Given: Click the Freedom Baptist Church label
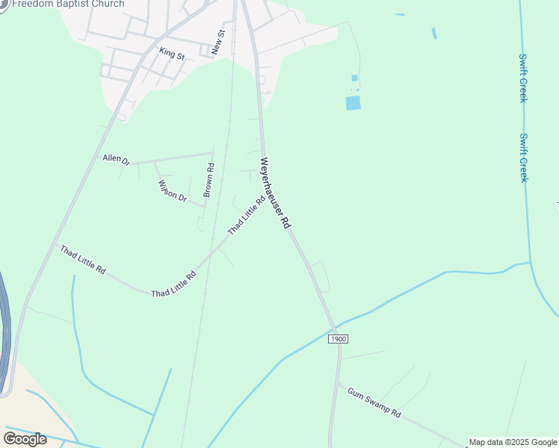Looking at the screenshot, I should pos(68,4).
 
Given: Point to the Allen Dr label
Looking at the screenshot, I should pos(117,159).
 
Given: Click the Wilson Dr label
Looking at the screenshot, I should pos(171,190).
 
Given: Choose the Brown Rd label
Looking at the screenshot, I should pos(209,180).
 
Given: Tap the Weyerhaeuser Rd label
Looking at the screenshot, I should pos(276,193).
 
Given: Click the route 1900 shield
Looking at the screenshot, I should pos(338,339).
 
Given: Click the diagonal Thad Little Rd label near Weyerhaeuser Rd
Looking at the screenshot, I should pos(247,215).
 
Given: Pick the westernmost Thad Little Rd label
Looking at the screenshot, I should pos(82,258).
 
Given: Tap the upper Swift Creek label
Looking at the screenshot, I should pos(523,78).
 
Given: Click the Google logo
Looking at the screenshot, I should pos(25,439).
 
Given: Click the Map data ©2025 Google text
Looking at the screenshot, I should pos(513,442).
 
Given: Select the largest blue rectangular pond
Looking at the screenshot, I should pos(353,103).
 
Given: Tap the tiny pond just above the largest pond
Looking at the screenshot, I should pos(354,78).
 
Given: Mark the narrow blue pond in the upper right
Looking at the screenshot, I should pos(433,34).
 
